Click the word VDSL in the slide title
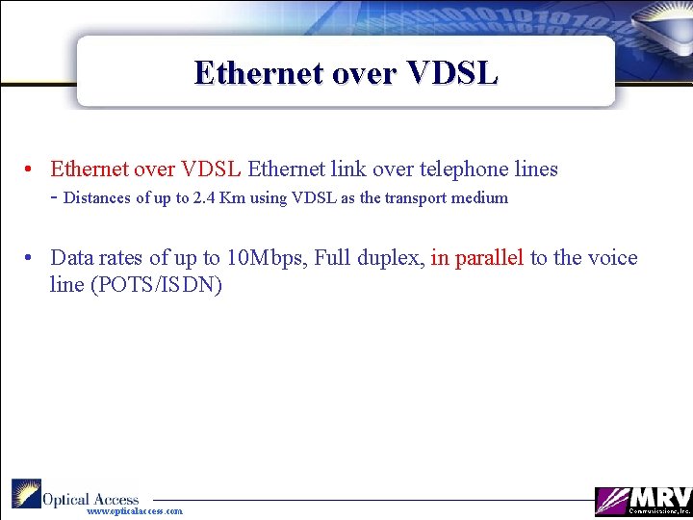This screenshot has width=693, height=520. [x=453, y=73]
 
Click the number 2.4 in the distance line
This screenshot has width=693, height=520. [x=204, y=198]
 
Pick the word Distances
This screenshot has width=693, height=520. [x=97, y=198]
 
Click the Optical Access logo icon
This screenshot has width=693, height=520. [x=26, y=494]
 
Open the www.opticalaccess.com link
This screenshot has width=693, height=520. [x=134, y=511]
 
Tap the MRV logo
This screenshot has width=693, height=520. [x=643, y=501]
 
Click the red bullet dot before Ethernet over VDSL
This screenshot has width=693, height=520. [x=31, y=169]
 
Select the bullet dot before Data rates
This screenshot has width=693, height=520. [x=31, y=258]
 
